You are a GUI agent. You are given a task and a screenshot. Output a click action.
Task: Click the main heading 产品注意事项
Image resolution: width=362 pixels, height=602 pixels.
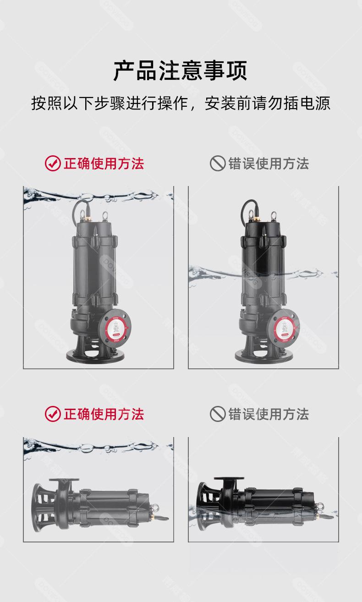coord(181,71)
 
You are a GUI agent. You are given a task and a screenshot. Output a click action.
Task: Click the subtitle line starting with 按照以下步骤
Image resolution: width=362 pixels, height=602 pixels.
coord(181,103)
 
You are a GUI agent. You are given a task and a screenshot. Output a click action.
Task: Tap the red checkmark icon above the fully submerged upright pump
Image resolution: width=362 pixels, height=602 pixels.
coord(53,164)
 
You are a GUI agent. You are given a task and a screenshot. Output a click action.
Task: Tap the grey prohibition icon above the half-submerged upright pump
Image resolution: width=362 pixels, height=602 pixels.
coord(218,164)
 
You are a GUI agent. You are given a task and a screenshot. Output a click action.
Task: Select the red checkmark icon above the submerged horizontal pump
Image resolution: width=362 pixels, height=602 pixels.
coord(53,414)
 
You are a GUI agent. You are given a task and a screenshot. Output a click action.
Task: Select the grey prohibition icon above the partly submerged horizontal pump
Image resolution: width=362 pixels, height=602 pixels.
coord(218,414)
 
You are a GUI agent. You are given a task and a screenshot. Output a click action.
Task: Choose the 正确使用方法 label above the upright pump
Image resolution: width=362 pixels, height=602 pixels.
coord(104,164)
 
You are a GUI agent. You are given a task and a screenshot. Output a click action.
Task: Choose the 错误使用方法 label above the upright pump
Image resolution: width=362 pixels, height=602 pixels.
coord(269,164)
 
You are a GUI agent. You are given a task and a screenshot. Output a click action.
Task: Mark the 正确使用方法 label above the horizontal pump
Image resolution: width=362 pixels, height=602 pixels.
coord(104,414)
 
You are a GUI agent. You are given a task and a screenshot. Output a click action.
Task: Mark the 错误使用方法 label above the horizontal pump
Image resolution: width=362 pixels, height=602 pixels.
coord(269,414)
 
